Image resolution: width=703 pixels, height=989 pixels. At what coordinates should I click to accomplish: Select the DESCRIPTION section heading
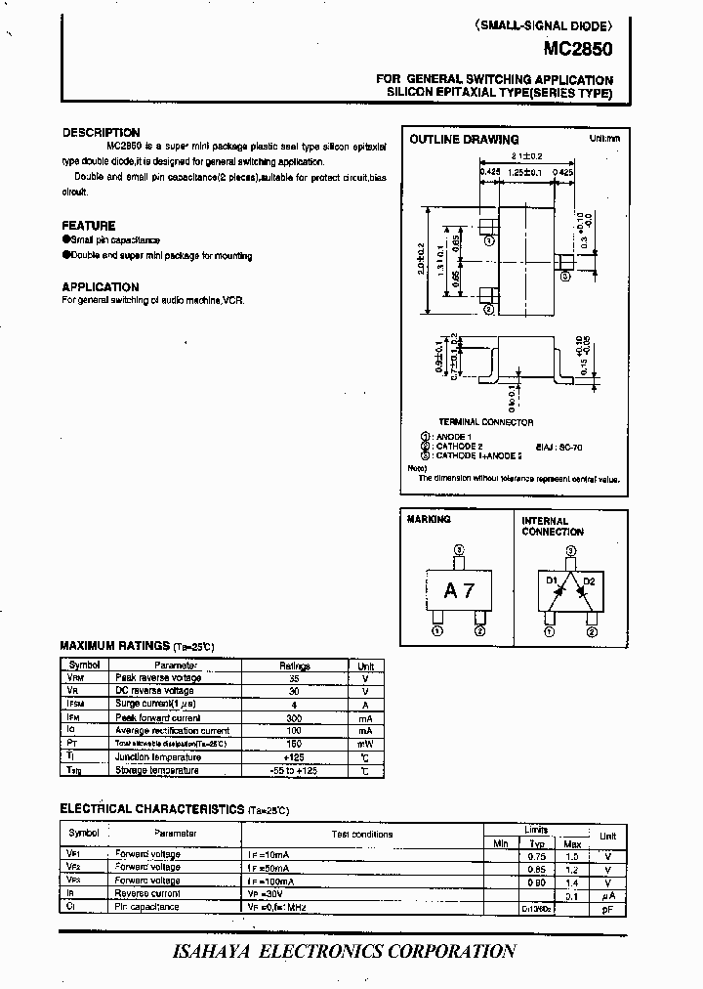pyautogui.click(x=101, y=133)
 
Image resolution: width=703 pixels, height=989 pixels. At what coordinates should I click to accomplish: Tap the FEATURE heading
pyautogui.click(x=88, y=226)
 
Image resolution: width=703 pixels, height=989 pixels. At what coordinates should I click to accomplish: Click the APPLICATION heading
pyautogui.click(x=100, y=287)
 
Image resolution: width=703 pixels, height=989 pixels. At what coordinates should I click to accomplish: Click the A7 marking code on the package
pyautogui.click(x=458, y=590)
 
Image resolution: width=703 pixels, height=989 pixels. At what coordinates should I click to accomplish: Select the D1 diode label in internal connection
pyautogui.click(x=552, y=581)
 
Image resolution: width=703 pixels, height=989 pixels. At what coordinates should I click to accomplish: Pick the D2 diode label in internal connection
pyautogui.click(x=588, y=581)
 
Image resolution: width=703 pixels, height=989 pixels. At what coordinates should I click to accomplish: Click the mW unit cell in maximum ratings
pyautogui.click(x=365, y=744)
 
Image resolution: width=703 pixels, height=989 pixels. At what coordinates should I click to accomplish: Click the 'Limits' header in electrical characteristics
pyautogui.click(x=537, y=828)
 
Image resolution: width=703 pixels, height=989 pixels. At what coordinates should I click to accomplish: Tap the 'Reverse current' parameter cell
pyautogui.click(x=147, y=893)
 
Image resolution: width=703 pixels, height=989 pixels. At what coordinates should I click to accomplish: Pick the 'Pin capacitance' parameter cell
pyautogui.click(x=146, y=907)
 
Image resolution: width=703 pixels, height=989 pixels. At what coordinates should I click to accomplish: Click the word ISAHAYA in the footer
pyautogui.click(x=218, y=951)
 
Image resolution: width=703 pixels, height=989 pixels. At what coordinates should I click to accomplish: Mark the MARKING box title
pyautogui.click(x=429, y=520)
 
